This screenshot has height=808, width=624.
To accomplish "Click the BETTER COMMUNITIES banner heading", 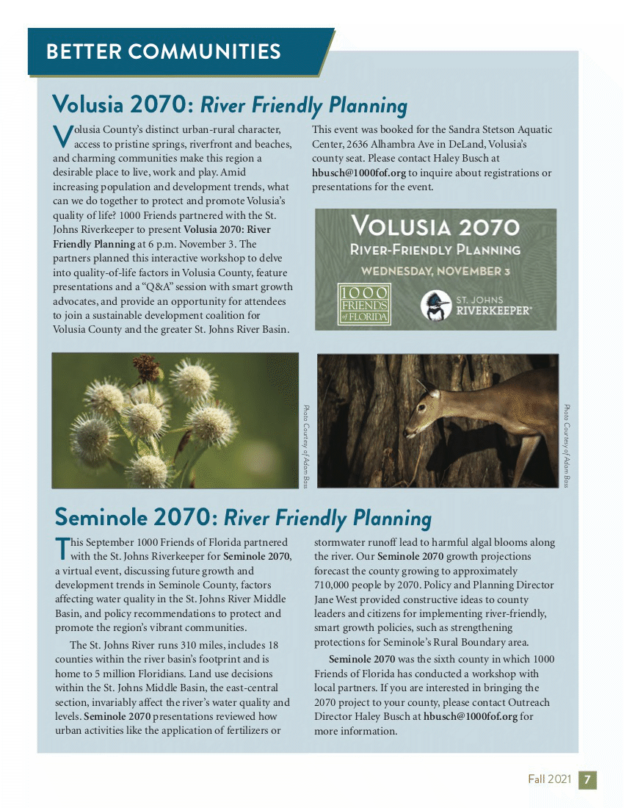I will tap(163, 51).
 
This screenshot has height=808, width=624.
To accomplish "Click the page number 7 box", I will tap(588, 779).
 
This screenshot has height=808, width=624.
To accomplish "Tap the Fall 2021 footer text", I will tap(547, 779).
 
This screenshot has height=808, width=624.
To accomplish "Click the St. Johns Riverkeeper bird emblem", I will tap(435, 306).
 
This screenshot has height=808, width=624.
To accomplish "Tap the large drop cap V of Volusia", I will tap(62, 136).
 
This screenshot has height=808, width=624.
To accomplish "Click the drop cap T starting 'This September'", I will tap(63, 549).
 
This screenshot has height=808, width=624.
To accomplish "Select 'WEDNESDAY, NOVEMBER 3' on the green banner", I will tap(435, 270).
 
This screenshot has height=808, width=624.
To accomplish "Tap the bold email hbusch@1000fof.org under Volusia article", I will tap(359, 173).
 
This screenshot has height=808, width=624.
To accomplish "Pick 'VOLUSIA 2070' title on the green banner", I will tap(435, 226).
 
